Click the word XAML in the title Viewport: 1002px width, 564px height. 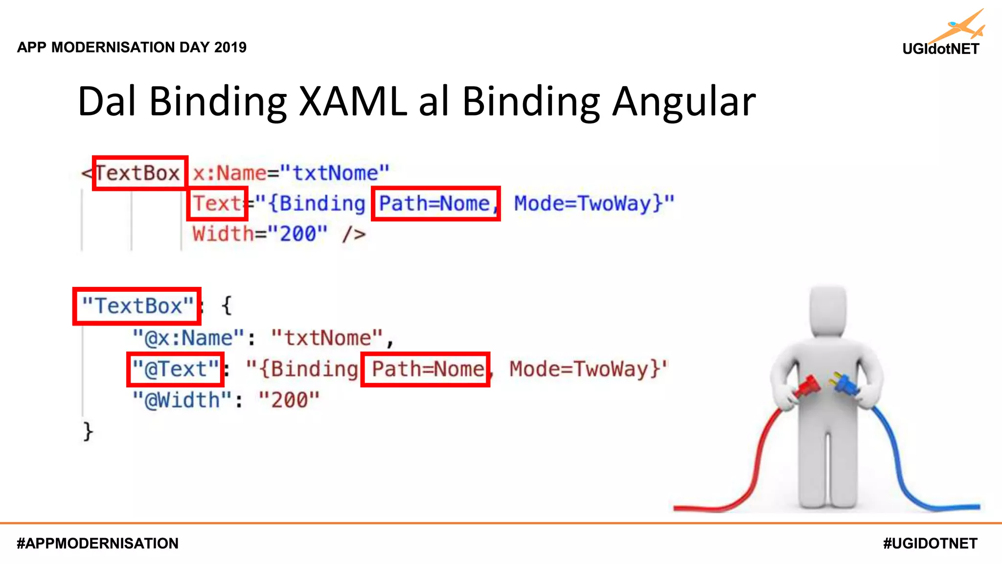tap(353, 101)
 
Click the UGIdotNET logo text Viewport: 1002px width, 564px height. tap(940, 49)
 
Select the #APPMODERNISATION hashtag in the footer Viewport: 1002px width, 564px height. tap(97, 543)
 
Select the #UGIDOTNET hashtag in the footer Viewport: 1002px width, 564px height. tap(930, 543)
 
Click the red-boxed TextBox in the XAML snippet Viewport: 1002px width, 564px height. tap(139, 173)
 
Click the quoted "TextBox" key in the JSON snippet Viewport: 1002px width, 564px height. tap(137, 306)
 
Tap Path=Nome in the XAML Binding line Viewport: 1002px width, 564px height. tap(435, 203)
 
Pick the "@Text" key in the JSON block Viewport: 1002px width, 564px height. tap(175, 369)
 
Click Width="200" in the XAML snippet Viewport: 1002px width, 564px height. tap(259, 234)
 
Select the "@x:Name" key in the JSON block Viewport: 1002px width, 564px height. tap(189, 338)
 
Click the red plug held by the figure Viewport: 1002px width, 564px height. tap(807, 386)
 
